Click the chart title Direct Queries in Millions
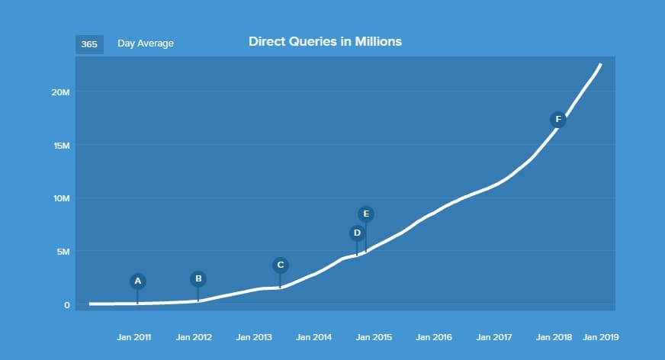click(325, 42)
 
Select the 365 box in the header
click(89, 44)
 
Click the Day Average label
click(146, 43)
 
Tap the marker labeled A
click(138, 281)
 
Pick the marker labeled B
click(198, 278)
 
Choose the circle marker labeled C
click(280, 265)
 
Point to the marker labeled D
click(357, 233)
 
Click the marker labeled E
click(366, 214)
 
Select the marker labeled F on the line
click(558, 119)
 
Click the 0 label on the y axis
click(67, 305)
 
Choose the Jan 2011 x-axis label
click(134, 337)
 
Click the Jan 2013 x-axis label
click(254, 337)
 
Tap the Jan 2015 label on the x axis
click(374, 337)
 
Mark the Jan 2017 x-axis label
click(493, 337)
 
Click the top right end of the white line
click(601, 64)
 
